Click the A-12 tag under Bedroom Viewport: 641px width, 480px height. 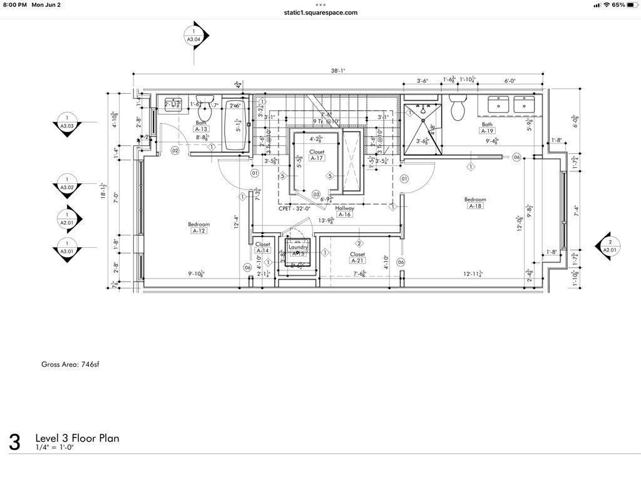(x=199, y=231)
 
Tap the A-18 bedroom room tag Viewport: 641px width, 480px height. (x=475, y=206)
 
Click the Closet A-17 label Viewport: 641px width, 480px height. (x=317, y=155)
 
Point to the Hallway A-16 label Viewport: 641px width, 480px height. (x=344, y=211)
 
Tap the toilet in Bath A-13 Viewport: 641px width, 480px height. (x=205, y=109)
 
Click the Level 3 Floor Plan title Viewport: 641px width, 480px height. (x=77, y=438)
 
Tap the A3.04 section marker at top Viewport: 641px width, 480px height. (x=193, y=35)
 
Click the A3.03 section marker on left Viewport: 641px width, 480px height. (x=67, y=121)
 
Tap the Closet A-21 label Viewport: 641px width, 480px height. (x=357, y=258)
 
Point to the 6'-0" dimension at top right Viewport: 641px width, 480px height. (x=511, y=81)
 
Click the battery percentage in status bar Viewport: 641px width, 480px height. (x=618, y=4)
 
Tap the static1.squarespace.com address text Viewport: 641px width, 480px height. (x=320, y=12)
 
